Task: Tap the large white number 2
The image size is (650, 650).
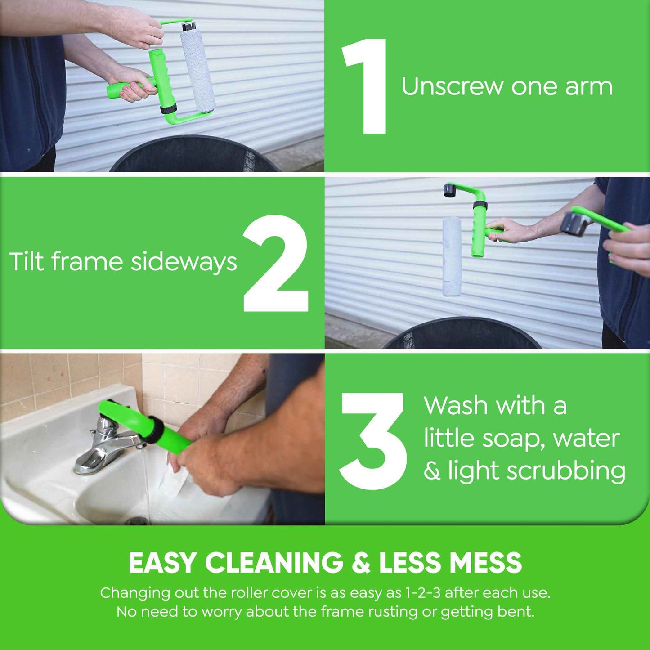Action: pyautogui.click(x=276, y=263)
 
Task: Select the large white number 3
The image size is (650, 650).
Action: pyautogui.click(x=373, y=441)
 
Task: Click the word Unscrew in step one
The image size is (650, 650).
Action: pyautogui.click(x=452, y=86)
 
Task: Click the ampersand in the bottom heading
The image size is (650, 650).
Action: pyautogui.click(x=361, y=563)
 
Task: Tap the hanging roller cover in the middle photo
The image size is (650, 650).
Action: pyautogui.click(x=451, y=256)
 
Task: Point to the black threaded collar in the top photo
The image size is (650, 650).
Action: pyautogui.click(x=168, y=109)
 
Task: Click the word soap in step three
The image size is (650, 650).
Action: pyautogui.click(x=510, y=439)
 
